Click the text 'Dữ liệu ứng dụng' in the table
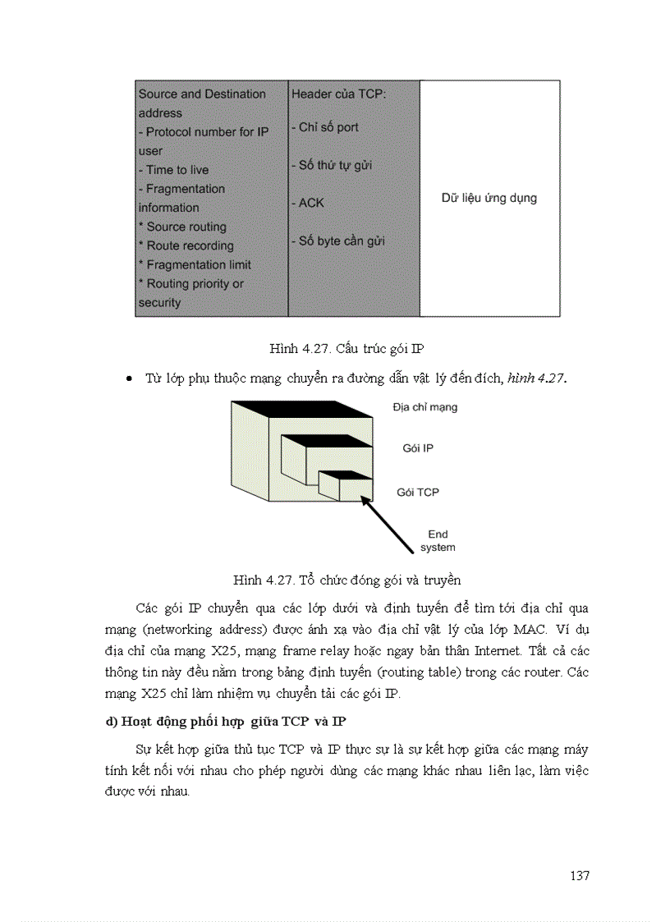[489, 198]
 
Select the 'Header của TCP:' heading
[338, 94]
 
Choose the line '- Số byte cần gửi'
[337, 241]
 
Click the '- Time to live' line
[173, 170]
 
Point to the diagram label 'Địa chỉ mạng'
[424, 406]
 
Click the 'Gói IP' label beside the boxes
[417, 448]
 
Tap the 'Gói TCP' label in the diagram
[417, 492]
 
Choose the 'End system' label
[438, 540]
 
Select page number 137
[579, 875]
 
